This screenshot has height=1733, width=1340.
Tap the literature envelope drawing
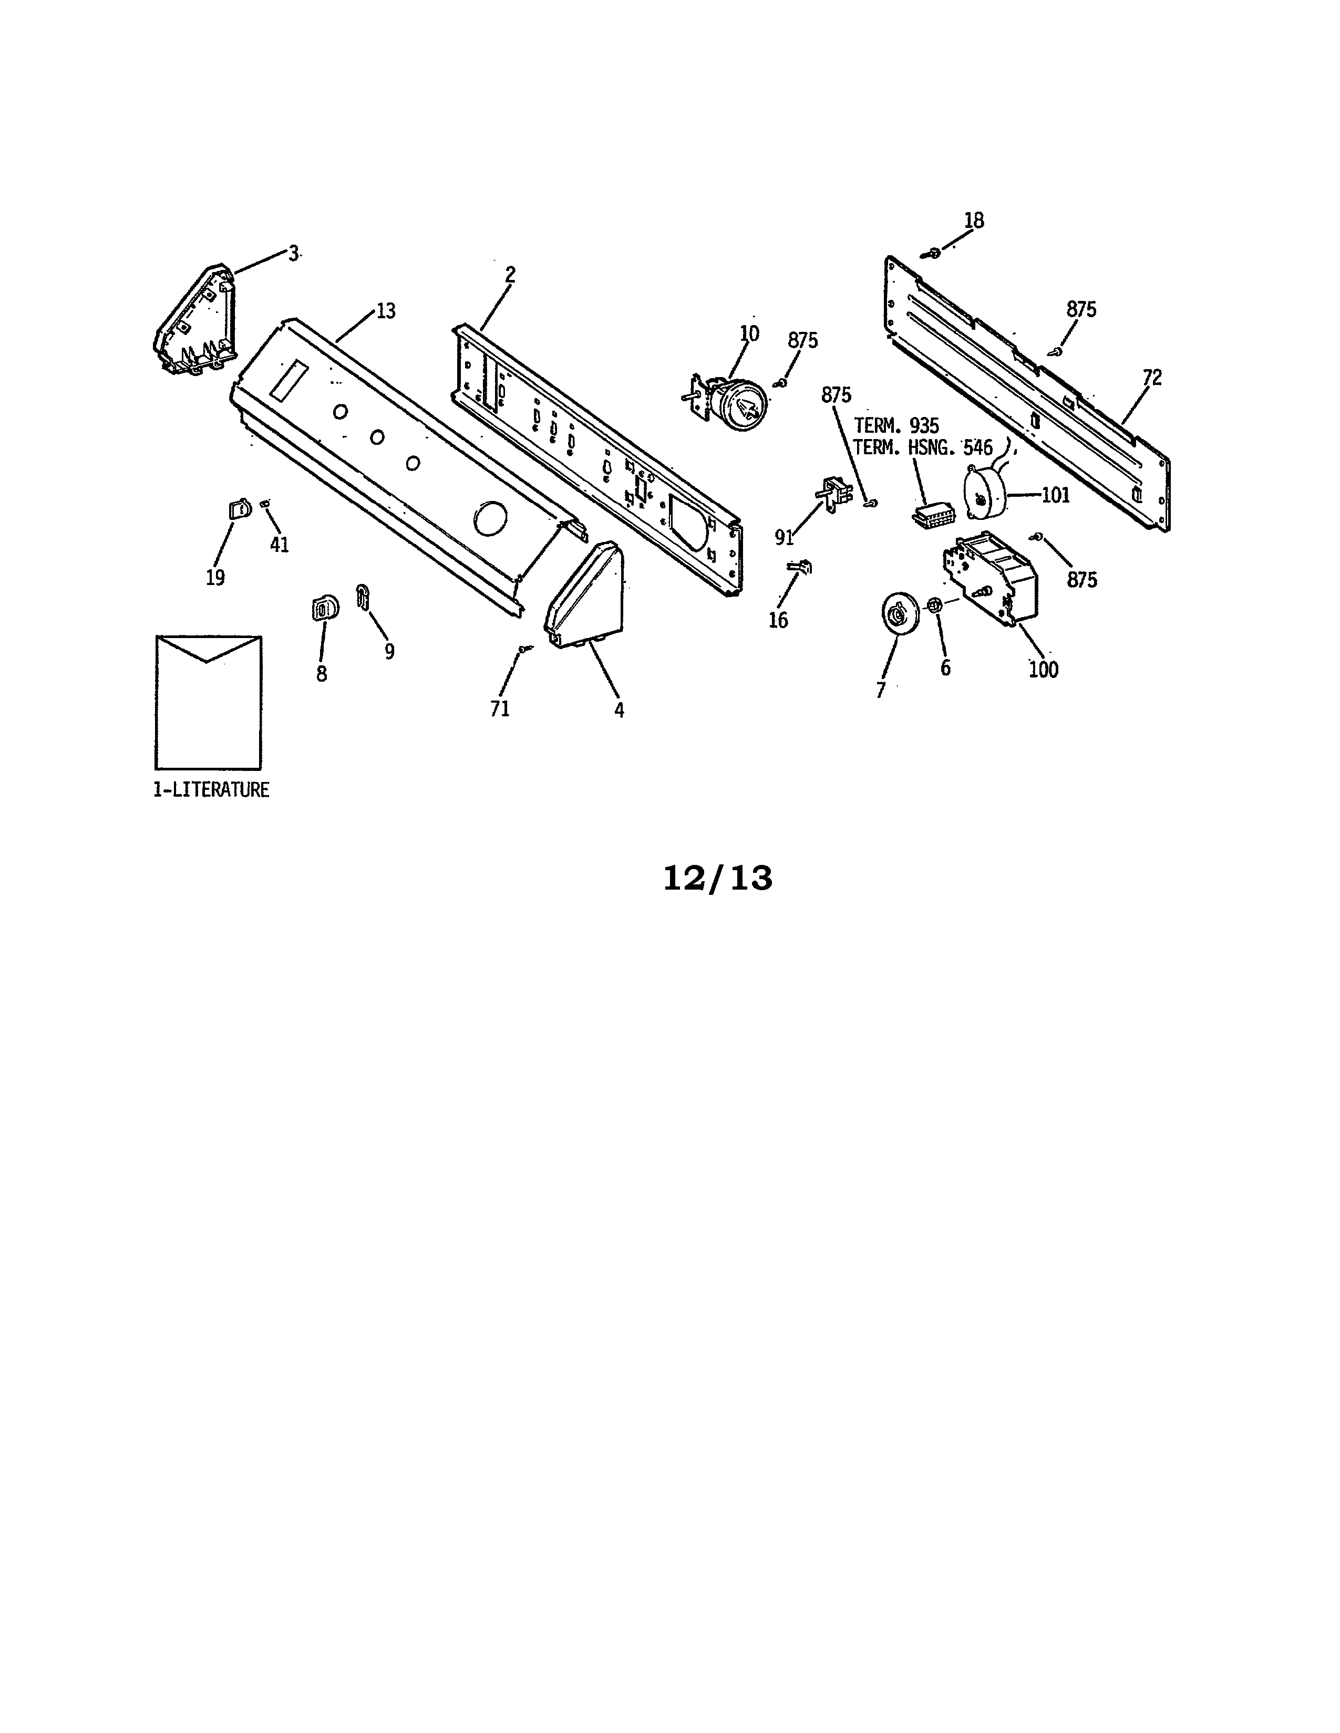tap(209, 702)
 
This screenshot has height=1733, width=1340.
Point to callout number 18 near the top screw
tap(974, 221)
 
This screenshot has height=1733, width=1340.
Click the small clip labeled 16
tap(800, 567)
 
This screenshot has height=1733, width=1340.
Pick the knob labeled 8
tap(322, 608)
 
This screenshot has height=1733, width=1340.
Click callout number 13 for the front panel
tap(386, 311)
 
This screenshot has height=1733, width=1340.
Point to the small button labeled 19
tap(236, 509)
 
